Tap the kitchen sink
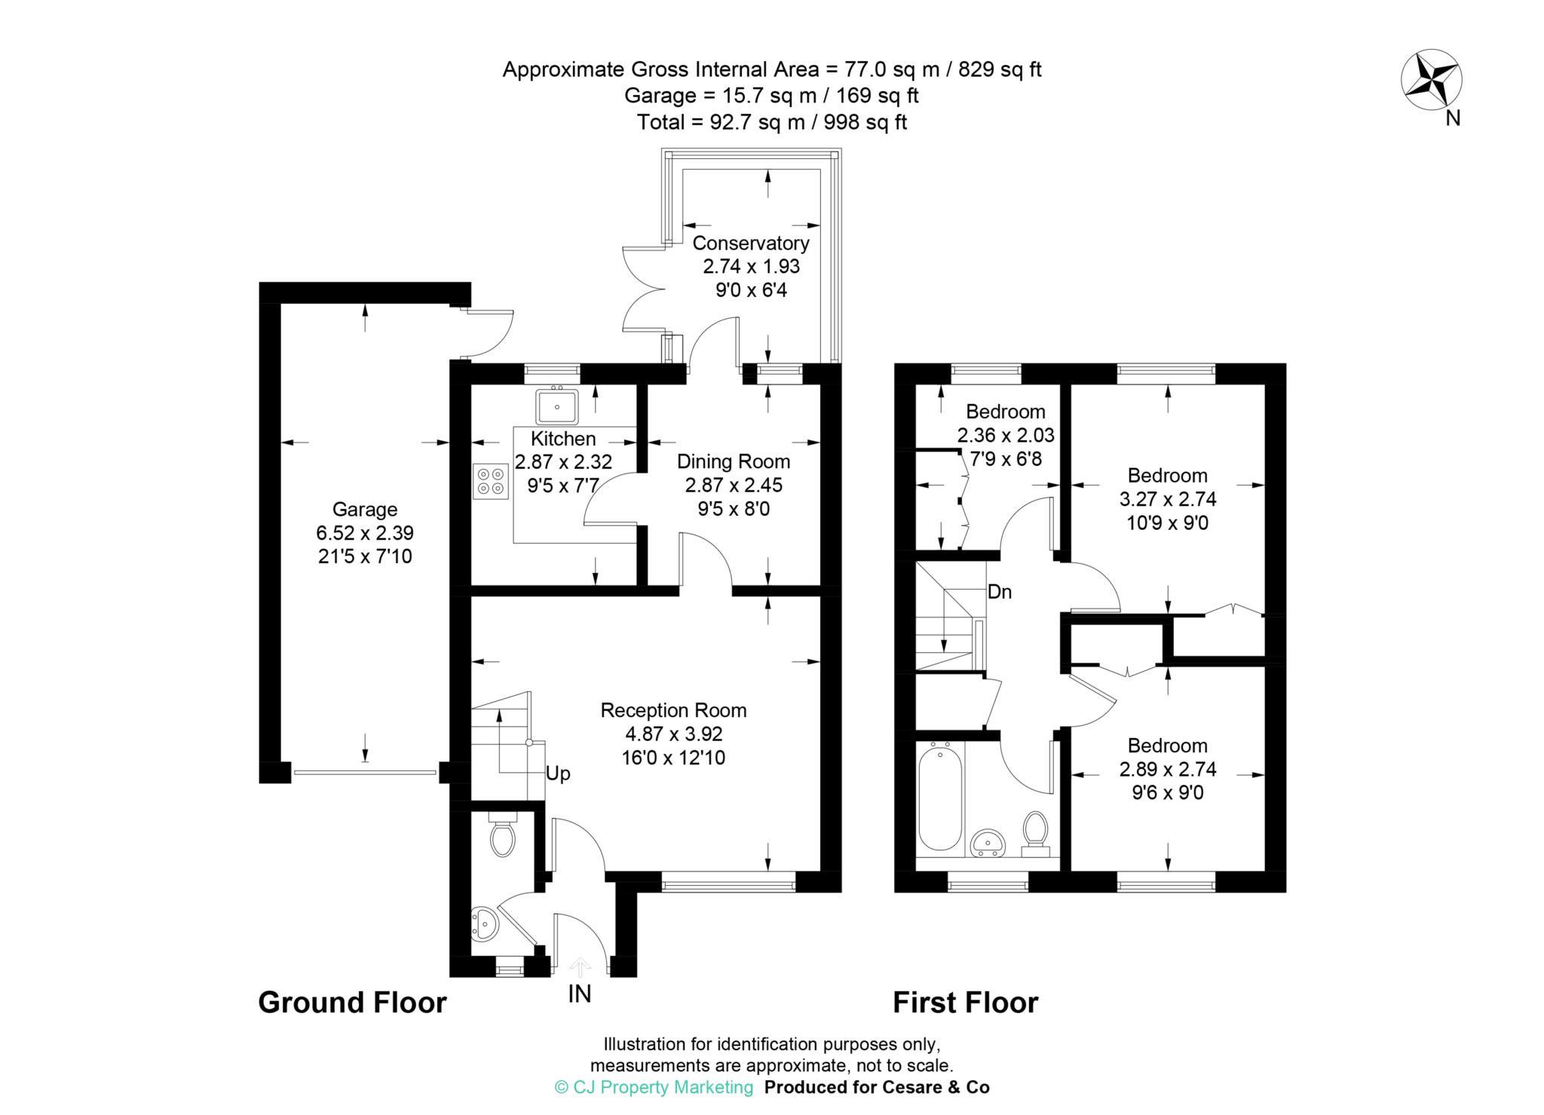[x=556, y=407]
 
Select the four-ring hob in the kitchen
[x=491, y=481]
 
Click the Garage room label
[x=365, y=510]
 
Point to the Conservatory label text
[x=750, y=244]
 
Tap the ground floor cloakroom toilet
[x=501, y=835]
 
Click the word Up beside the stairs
[x=558, y=774]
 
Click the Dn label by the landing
[x=999, y=593]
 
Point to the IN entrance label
[x=579, y=994]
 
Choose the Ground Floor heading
[x=352, y=1003]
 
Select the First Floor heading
[x=965, y=1003]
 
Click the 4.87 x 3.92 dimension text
[x=673, y=734]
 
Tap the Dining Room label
[x=733, y=461]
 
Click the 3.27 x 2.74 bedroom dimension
[x=1167, y=499]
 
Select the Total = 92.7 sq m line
[x=771, y=122]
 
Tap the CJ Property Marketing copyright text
[x=654, y=1087]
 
